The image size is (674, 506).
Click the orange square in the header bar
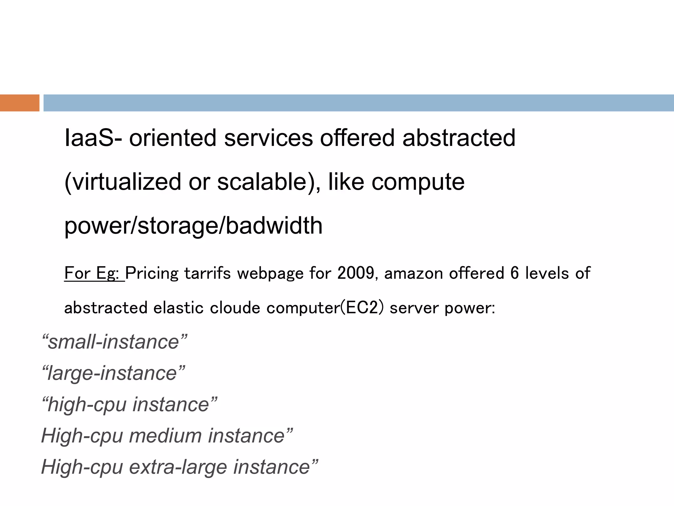pyautogui.click(x=19, y=103)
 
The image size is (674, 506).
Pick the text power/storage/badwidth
pyautogui.click(x=193, y=226)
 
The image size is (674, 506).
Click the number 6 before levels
pyautogui.click(x=514, y=273)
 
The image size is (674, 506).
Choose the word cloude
pyautogui.click(x=235, y=308)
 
